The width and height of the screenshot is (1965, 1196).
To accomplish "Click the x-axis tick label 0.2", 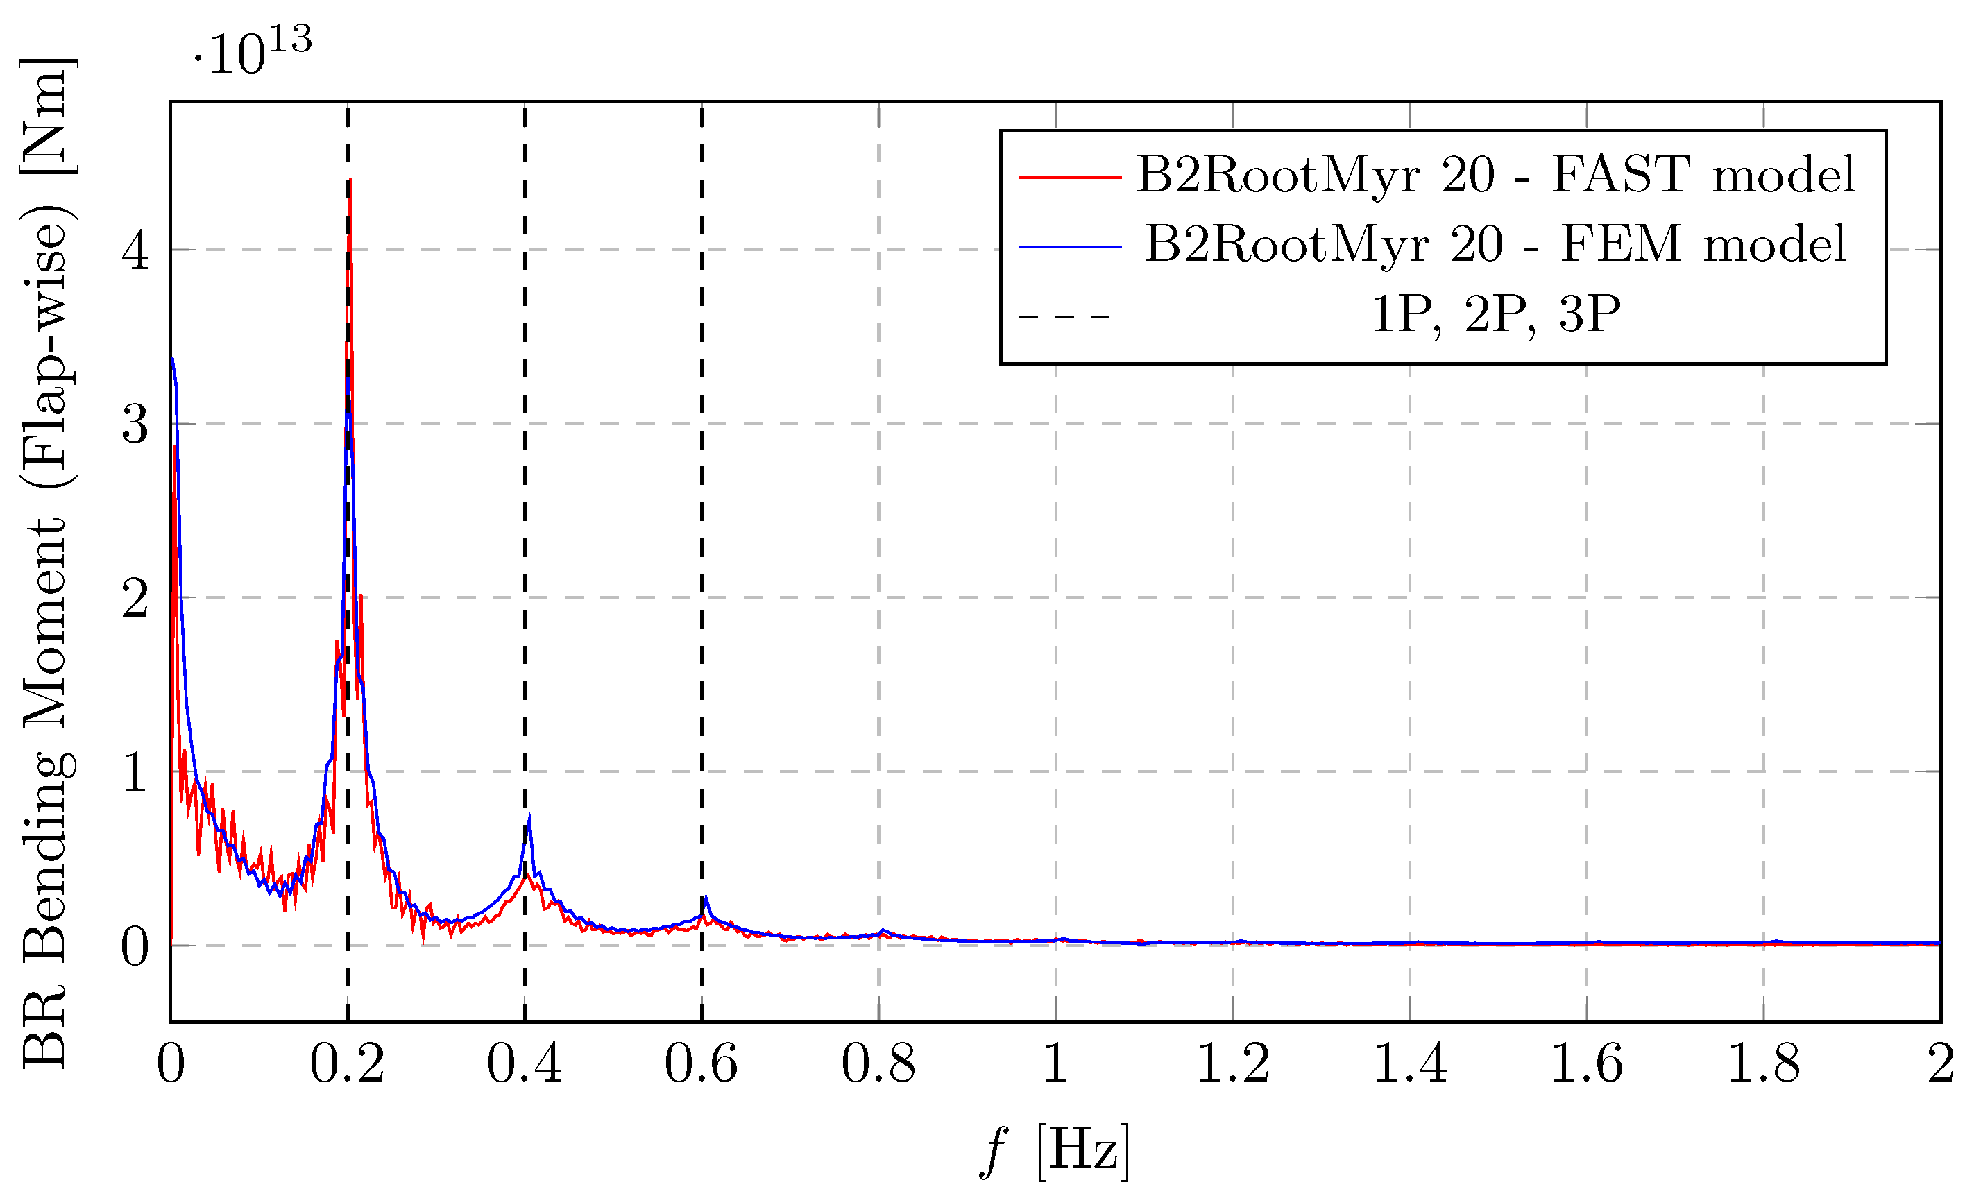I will [x=347, y=1064].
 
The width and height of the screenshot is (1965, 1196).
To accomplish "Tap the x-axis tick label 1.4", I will [x=1409, y=1064].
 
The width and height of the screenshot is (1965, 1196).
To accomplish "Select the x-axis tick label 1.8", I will [x=1763, y=1064].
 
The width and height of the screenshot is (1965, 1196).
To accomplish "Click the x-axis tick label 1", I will [x=1055, y=1064].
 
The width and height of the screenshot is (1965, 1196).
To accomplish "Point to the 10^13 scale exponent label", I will [x=253, y=53].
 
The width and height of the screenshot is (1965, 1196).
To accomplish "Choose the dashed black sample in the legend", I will [x=1064, y=316].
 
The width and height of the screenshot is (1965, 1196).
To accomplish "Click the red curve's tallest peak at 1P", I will [x=351, y=181].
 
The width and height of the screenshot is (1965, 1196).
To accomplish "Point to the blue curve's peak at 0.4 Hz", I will [x=529, y=818].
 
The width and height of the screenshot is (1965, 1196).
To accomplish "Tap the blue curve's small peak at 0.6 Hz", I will [x=706, y=898].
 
